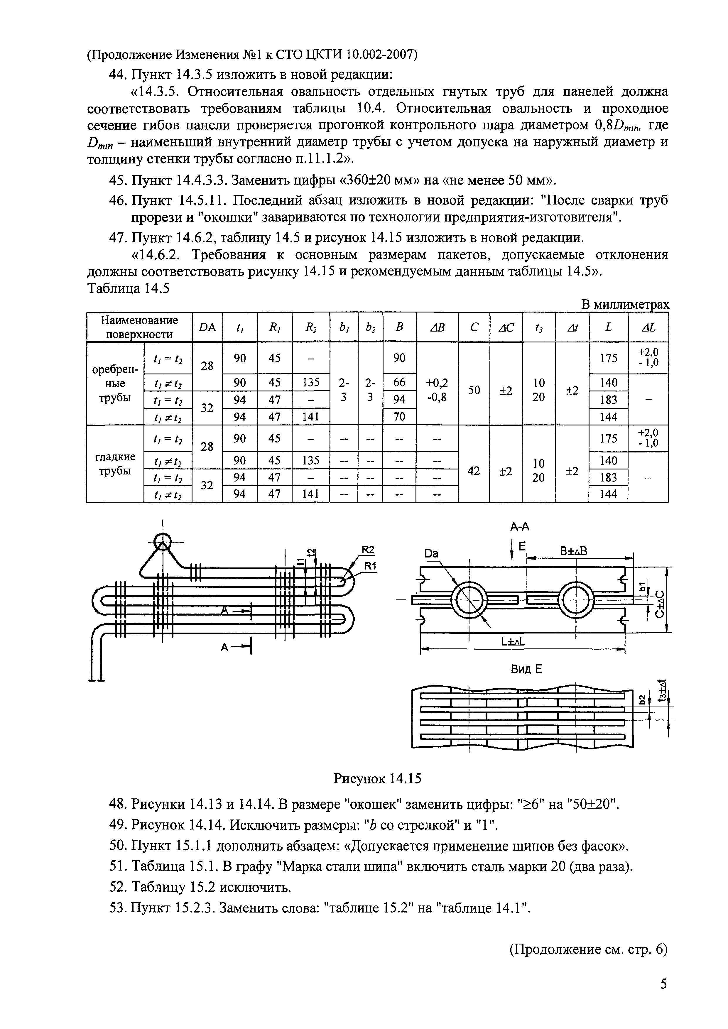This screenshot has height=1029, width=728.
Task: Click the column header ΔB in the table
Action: pos(437,328)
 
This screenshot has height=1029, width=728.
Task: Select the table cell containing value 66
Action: pos(399,382)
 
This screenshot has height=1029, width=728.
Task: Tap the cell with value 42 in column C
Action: pos(474,471)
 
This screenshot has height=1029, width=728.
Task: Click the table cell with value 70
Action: pos(399,417)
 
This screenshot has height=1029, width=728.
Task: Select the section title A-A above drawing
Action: pos(520,527)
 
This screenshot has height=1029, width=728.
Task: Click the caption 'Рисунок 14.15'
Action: pos(377,779)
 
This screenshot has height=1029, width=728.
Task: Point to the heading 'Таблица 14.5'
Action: pos(128,289)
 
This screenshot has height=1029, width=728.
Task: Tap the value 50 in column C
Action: pos(474,390)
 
